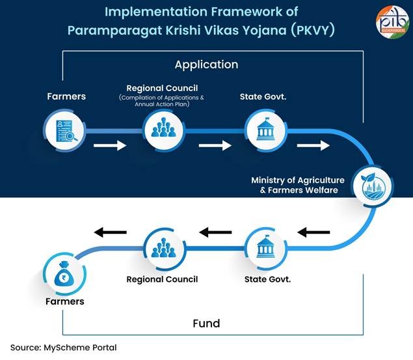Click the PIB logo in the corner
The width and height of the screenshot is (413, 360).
point(392,21)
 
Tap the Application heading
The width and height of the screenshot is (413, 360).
point(206,64)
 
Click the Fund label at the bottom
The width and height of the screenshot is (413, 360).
point(206,323)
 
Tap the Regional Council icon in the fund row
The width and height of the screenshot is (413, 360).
point(161,249)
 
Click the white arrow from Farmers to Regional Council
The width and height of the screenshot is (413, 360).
point(110,145)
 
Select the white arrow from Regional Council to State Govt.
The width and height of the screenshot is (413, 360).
point(215,145)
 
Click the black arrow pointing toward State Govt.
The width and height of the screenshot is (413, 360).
point(313,232)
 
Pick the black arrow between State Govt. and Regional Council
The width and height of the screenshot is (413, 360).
point(215,232)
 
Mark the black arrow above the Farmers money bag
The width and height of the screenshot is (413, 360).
point(110,232)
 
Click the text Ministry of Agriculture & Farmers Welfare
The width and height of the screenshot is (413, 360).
point(295,185)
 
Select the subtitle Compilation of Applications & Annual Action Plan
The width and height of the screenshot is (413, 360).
point(161,101)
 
